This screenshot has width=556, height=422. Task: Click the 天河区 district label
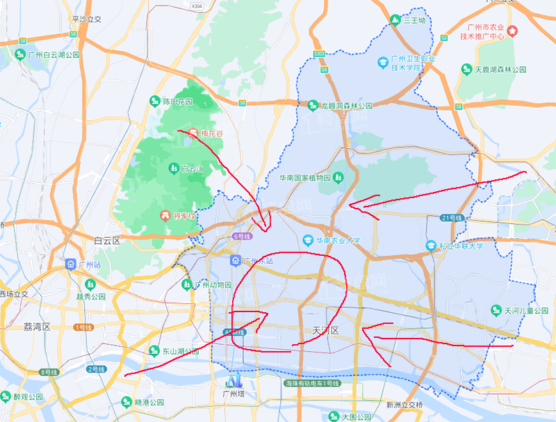tap(324, 330)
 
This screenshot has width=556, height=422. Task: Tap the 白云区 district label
tap(107, 241)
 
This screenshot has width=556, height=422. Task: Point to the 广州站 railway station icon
tap(70, 264)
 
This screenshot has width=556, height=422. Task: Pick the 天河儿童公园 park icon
tap(496, 309)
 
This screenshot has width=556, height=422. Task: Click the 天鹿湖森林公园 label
tap(500, 70)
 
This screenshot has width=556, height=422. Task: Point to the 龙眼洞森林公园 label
tap(347, 106)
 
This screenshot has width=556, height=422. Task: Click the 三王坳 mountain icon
tap(395, 20)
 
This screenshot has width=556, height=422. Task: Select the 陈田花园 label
tap(177, 102)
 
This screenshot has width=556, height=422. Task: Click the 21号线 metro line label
tap(451, 218)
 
